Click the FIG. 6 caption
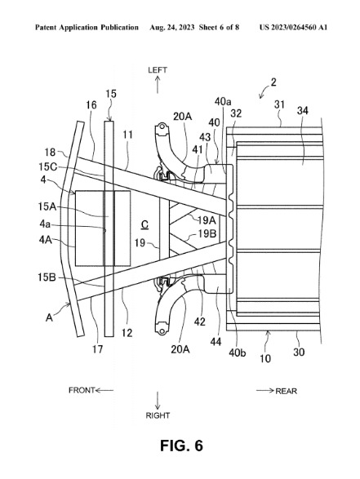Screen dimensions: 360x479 pyautogui.click(x=181, y=446)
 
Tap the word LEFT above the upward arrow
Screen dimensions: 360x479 pyautogui.click(x=158, y=70)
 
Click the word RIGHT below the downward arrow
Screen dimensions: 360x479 pyautogui.click(x=158, y=415)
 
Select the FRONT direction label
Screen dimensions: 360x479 pyautogui.click(x=82, y=390)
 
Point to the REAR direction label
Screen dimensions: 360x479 pyautogui.click(x=286, y=391)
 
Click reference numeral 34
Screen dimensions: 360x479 pyautogui.click(x=303, y=111)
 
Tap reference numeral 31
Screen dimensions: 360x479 pyautogui.click(x=279, y=104)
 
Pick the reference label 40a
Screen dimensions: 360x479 pyautogui.click(x=223, y=101)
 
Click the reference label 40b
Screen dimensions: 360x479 pyautogui.click(x=238, y=353)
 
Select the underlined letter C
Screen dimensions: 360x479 pyautogui.click(x=144, y=225)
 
